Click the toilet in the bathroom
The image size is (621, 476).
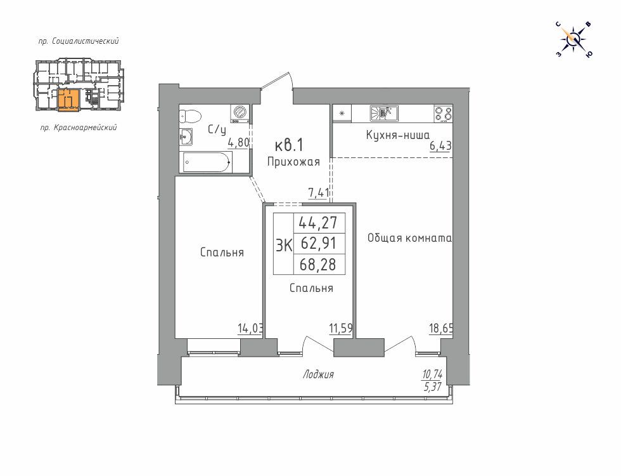pyautogui.click(x=190, y=116)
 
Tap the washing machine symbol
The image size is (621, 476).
pyautogui.click(x=240, y=114)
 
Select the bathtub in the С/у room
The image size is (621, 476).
pyautogui.click(x=205, y=162)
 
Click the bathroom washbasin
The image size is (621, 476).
pyautogui.click(x=186, y=137)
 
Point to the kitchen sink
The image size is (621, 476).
pyautogui.click(x=384, y=114)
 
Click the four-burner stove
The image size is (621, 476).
pyautogui.click(x=443, y=114)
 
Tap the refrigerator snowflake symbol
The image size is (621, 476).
pyautogui.click(x=342, y=114)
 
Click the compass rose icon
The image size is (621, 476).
pyautogui.click(x=575, y=39)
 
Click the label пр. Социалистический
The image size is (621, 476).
pyautogui.click(x=79, y=41)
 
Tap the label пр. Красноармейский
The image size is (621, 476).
pyautogui.click(x=79, y=128)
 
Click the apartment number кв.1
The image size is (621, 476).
pyautogui.click(x=289, y=145)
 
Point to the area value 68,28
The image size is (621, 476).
pyautogui.click(x=317, y=264)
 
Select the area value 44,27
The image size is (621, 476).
pyautogui.click(x=317, y=223)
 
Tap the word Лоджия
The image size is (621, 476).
pyautogui.click(x=318, y=374)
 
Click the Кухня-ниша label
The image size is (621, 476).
pyautogui.click(x=398, y=135)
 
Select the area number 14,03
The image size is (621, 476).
pyautogui.click(x=250, y=329)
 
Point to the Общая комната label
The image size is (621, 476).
pyautogui.click(x=409, y=238)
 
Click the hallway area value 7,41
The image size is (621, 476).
pyautogui.click(x=319, y=193)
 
